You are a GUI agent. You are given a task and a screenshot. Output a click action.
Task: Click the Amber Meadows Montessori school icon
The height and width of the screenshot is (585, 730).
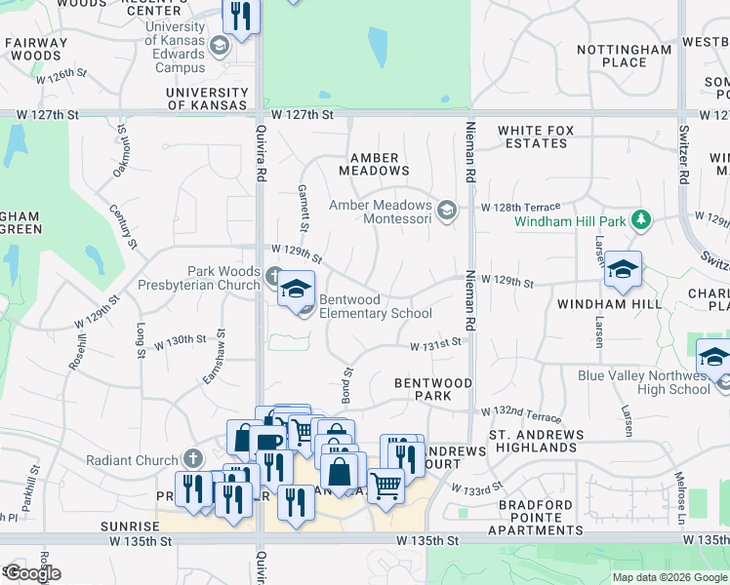tap(447, 212)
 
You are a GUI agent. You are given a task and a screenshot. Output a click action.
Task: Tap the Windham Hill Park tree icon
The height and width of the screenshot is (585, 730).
tap(640, 221)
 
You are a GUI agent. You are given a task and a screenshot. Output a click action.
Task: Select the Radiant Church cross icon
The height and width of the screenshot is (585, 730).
tap(193, 459)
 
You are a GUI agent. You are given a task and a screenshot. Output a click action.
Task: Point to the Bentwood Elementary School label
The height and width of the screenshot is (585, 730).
tap(376, 306)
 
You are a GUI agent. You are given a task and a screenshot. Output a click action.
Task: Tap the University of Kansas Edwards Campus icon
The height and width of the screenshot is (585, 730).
tap(220, 45)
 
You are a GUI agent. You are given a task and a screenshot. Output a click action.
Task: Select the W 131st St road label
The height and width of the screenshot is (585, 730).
tap(434, 344)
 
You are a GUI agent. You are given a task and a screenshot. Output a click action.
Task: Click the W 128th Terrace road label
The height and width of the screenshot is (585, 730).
tap(520, 207)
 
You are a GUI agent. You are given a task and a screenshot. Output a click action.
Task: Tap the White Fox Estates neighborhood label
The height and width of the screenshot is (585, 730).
tap(532, 136)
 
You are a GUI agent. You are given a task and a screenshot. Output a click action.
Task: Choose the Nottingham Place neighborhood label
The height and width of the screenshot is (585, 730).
tap(625, 56)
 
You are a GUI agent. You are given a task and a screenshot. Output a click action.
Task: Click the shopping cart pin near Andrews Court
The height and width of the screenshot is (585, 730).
tap(385, 484)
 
